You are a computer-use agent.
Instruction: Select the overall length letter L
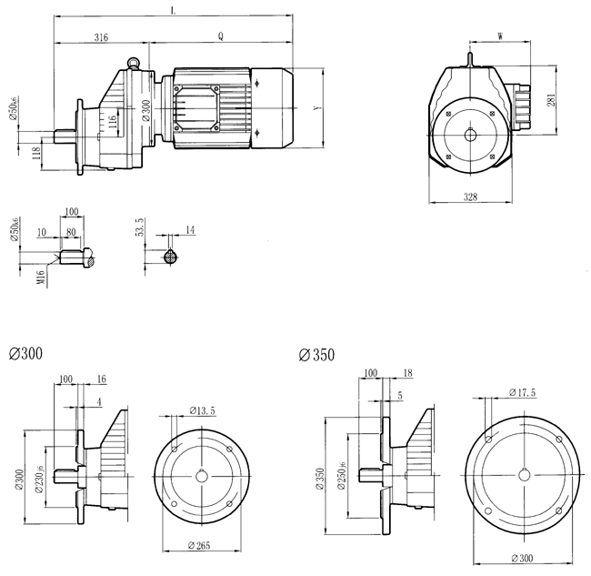173,11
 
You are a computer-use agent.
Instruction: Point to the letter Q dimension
221,37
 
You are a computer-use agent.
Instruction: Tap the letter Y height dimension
316,108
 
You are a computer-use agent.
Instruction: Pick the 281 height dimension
551,100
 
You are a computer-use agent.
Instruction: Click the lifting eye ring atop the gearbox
135,63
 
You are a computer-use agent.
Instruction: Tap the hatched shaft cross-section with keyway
169,258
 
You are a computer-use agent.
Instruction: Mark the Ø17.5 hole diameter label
520,392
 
